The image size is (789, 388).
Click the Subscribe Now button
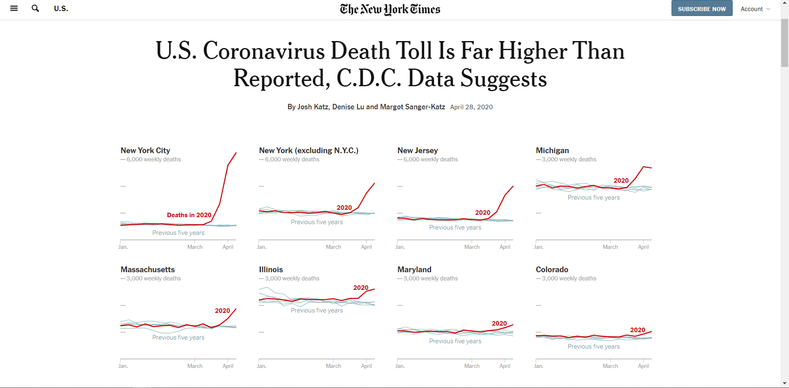(x=701, y=9)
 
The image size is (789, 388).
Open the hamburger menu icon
(x=14, y=8)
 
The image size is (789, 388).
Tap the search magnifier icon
(x=35, y=8)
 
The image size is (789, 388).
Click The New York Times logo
(x=390, y=9)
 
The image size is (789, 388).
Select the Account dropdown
(x=755, y=9)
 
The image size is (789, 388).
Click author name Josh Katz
(x=313, y=107)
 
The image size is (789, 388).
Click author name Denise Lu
(x=348, y=107)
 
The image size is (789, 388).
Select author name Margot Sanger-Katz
(x=413, y=107)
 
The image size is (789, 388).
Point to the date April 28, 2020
(x=471, y=107)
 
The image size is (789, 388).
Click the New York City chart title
(x=145, y=151)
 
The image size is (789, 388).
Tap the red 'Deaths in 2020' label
(x=189, y=215)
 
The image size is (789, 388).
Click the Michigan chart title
(x=552, y=151)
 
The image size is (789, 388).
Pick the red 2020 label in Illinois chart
(x=361, y=288)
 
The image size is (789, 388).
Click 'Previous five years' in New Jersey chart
(x=455, y=227)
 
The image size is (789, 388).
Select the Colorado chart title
(x=552, y=270)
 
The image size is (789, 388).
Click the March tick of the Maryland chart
(x=472, y=366)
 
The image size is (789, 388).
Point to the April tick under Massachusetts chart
(x=228, y=366)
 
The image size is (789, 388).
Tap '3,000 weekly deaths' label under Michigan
(x=569, y=159)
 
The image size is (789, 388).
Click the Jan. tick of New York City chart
(x=123, y=247)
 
